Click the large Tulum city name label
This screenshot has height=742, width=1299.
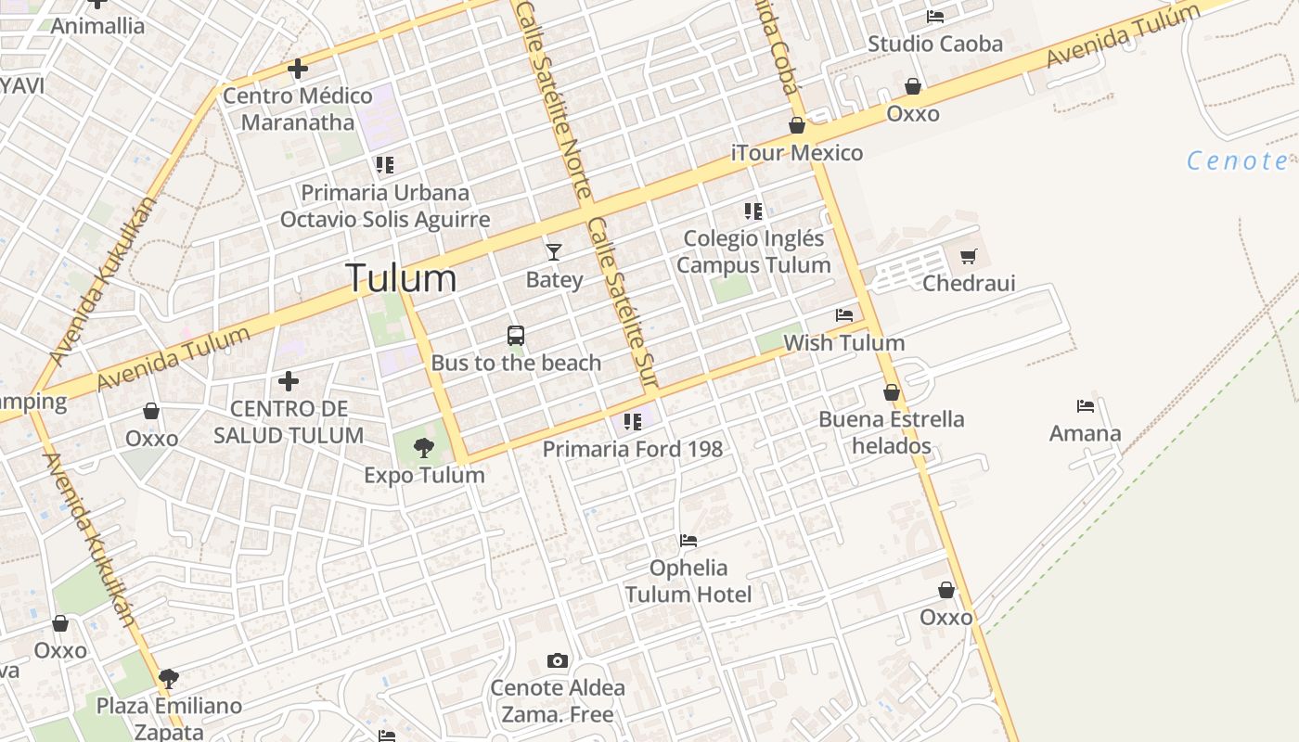[401, 278]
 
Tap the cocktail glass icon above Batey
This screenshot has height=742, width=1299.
[554, 251]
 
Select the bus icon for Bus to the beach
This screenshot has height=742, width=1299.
[516, 336]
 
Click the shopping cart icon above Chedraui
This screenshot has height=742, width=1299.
[969, 257]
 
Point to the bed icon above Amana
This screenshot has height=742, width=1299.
[1086, 406]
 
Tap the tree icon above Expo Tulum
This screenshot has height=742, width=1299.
[424, 449]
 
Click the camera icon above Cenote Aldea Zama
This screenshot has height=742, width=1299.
[558, 661]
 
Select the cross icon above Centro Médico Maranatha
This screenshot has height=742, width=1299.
[298, 69]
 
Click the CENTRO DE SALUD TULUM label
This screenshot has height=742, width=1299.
[289, 422]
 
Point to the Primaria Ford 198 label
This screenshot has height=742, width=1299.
[632, 449]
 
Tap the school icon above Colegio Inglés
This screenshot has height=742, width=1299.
[752, 211]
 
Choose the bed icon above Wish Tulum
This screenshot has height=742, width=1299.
[844, 316]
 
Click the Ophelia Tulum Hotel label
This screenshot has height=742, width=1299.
[688, 581]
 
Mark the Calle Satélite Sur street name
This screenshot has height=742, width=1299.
[623, 301]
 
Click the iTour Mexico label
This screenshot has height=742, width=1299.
[797, 153]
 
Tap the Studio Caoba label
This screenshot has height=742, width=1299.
[935, 44]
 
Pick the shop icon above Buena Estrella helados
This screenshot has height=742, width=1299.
[892, 393]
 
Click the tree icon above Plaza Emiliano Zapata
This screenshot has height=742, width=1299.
[169, 679]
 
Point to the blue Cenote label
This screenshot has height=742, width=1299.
[1238, 161]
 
